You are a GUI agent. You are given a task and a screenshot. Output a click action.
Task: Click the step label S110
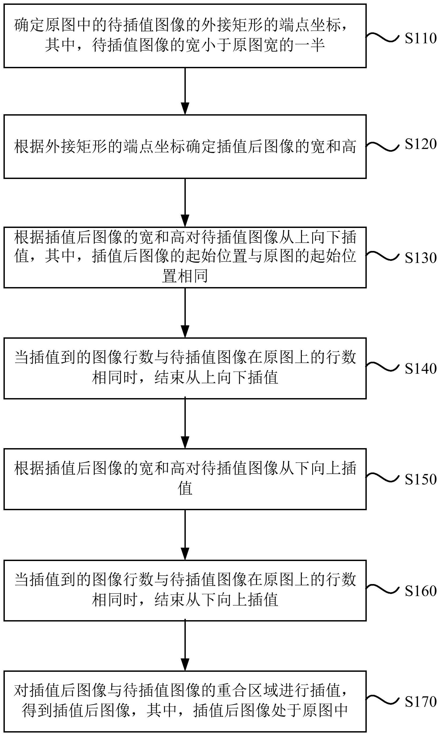tap(421, 39)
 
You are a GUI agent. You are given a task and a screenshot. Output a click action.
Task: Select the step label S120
tap(421, 144)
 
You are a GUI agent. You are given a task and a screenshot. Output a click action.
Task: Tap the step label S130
tap(421, 258)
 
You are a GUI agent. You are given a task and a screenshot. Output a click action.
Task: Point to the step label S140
tap(421, 369)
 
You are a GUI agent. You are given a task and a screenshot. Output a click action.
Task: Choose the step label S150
tap(421, 479)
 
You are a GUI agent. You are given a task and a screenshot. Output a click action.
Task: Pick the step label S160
tap(421, 591)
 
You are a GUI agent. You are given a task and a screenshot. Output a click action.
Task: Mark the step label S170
tap(421, 701)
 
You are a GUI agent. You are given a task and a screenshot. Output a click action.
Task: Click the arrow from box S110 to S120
tap(185, 91)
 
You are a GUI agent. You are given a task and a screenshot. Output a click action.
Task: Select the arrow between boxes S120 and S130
tap(185, 203)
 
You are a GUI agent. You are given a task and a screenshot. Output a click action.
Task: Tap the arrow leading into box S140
tap(185, 313)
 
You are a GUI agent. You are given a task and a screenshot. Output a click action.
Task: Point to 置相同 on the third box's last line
tap(185, 276)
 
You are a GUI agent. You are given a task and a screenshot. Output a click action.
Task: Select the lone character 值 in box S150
tap(185, 488)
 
